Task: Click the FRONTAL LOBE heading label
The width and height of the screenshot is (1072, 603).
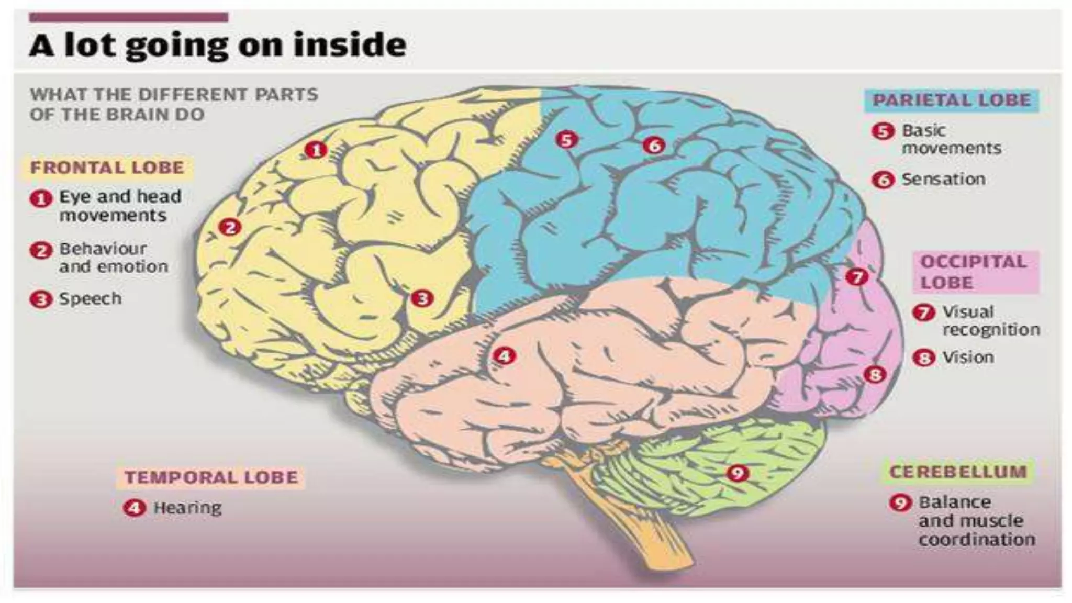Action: tap(107, 167)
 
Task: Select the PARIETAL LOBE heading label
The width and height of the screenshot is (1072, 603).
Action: tap(951, 100)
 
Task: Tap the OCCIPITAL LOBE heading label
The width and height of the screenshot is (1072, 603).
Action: tap(974, 272)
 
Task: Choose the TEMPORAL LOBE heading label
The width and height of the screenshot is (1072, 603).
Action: tap(211, 477)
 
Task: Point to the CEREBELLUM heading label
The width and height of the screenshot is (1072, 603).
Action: tap(958, 472)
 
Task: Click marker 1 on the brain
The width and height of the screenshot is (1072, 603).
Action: tap(316, 150)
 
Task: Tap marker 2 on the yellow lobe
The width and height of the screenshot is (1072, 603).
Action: tap(230, 227)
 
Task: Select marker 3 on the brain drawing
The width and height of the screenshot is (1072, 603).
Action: tap(422, 298)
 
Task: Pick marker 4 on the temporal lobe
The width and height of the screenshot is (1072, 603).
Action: tap(504, 356)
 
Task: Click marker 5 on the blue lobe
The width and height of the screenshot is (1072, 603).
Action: tap(566, 140)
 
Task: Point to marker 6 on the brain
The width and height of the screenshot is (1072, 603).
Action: tap(654, 145)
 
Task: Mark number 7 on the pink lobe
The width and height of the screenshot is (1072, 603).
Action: tap(857, 276)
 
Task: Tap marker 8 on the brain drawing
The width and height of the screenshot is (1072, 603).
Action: tap(875, 374)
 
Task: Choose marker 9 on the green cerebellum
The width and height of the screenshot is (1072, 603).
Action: tap(738, 473)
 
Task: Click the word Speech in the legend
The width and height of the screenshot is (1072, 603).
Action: tap(90, 299)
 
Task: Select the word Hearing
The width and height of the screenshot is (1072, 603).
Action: tap(187, 508)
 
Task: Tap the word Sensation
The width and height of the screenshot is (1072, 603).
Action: tap(943, 180)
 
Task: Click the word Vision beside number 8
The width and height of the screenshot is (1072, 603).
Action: tap(968, 358)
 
